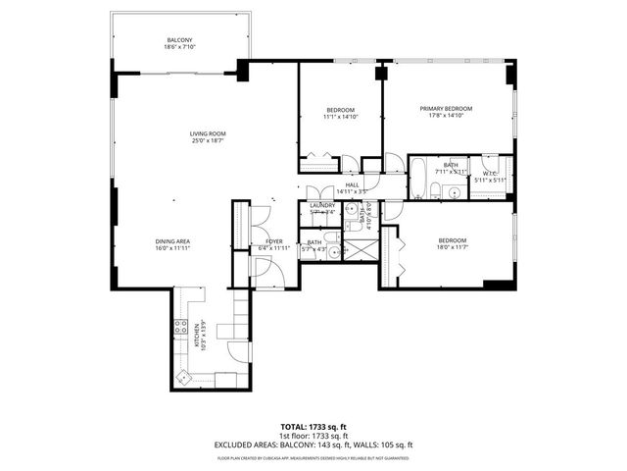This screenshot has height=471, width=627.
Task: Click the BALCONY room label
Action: [x=179, y=39]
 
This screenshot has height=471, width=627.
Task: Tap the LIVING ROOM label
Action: [x=208, y=133]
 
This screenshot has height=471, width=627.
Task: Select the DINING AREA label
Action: [x=171, y=240]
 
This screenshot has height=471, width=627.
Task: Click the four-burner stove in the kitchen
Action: [x=181, y=330]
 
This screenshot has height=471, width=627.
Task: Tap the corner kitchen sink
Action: [x=182, y=377]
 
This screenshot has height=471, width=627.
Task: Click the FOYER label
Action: [x=273, y=240]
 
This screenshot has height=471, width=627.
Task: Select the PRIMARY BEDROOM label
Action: [x=446, y=108]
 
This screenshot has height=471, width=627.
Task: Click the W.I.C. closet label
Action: [x=491, y=173]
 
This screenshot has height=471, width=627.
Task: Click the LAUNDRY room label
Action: [x=322, y=205]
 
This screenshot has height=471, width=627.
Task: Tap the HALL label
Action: [x=352, y=183]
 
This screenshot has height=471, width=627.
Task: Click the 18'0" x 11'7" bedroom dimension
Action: [x=452, y=248]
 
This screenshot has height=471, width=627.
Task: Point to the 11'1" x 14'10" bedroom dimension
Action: [x=340, y=117]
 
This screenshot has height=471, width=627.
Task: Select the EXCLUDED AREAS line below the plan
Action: [x=313, y=444]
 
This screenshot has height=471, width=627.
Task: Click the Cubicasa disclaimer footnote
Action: [x=313, y=456]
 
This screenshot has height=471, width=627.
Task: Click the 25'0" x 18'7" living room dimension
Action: [x=208, y=141]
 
